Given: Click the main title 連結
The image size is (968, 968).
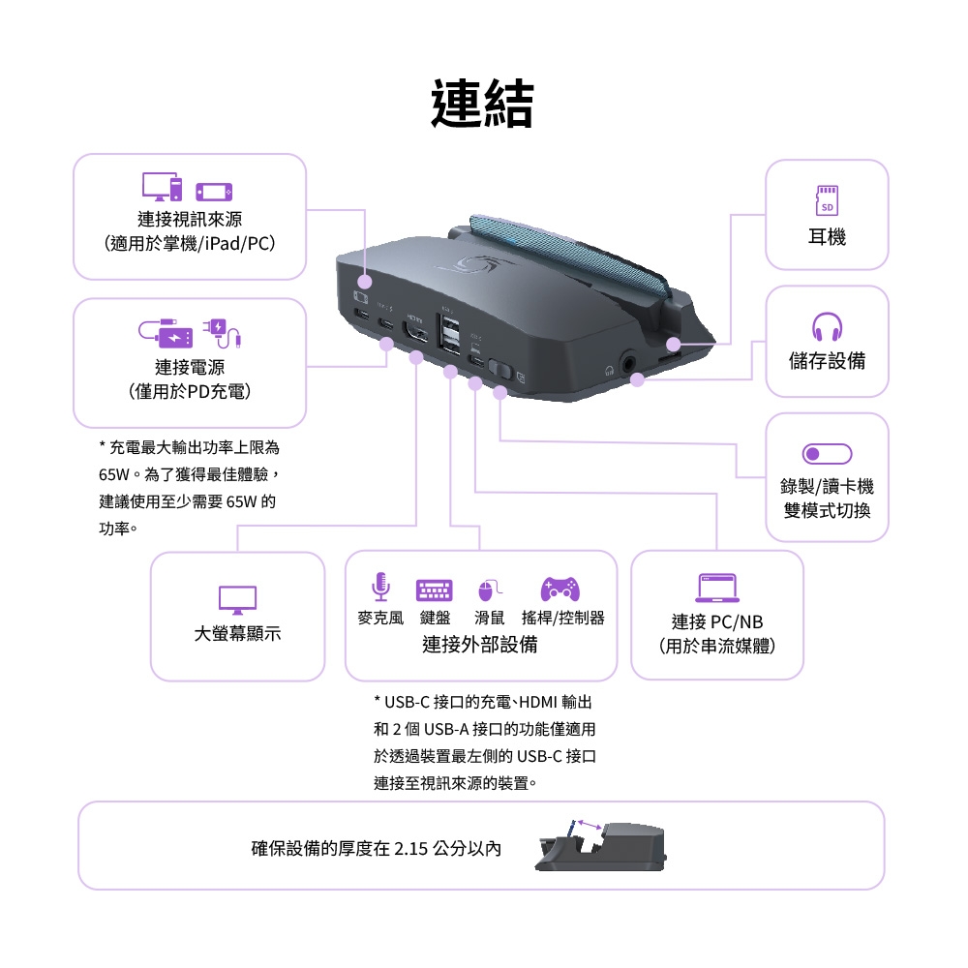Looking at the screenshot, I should click(482, 105).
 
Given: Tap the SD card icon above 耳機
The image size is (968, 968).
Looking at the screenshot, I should click(826, 199).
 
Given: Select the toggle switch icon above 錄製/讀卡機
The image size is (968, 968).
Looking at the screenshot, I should click(827, 453).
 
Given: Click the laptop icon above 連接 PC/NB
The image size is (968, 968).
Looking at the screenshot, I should click(717, 588).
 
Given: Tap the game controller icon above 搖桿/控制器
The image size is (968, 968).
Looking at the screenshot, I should click(560, 587).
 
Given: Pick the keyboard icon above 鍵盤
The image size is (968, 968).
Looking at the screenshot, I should click(435, 589).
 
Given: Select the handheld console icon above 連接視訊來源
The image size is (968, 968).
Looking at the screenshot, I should click(214, 192).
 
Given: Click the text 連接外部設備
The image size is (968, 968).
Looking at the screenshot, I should click(480, 645).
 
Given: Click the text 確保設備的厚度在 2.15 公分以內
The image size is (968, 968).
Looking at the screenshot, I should click(377, 849).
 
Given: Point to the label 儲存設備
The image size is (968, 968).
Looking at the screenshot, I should click(827, 361).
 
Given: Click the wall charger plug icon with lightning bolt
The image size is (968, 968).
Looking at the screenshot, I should click(222, 332).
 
